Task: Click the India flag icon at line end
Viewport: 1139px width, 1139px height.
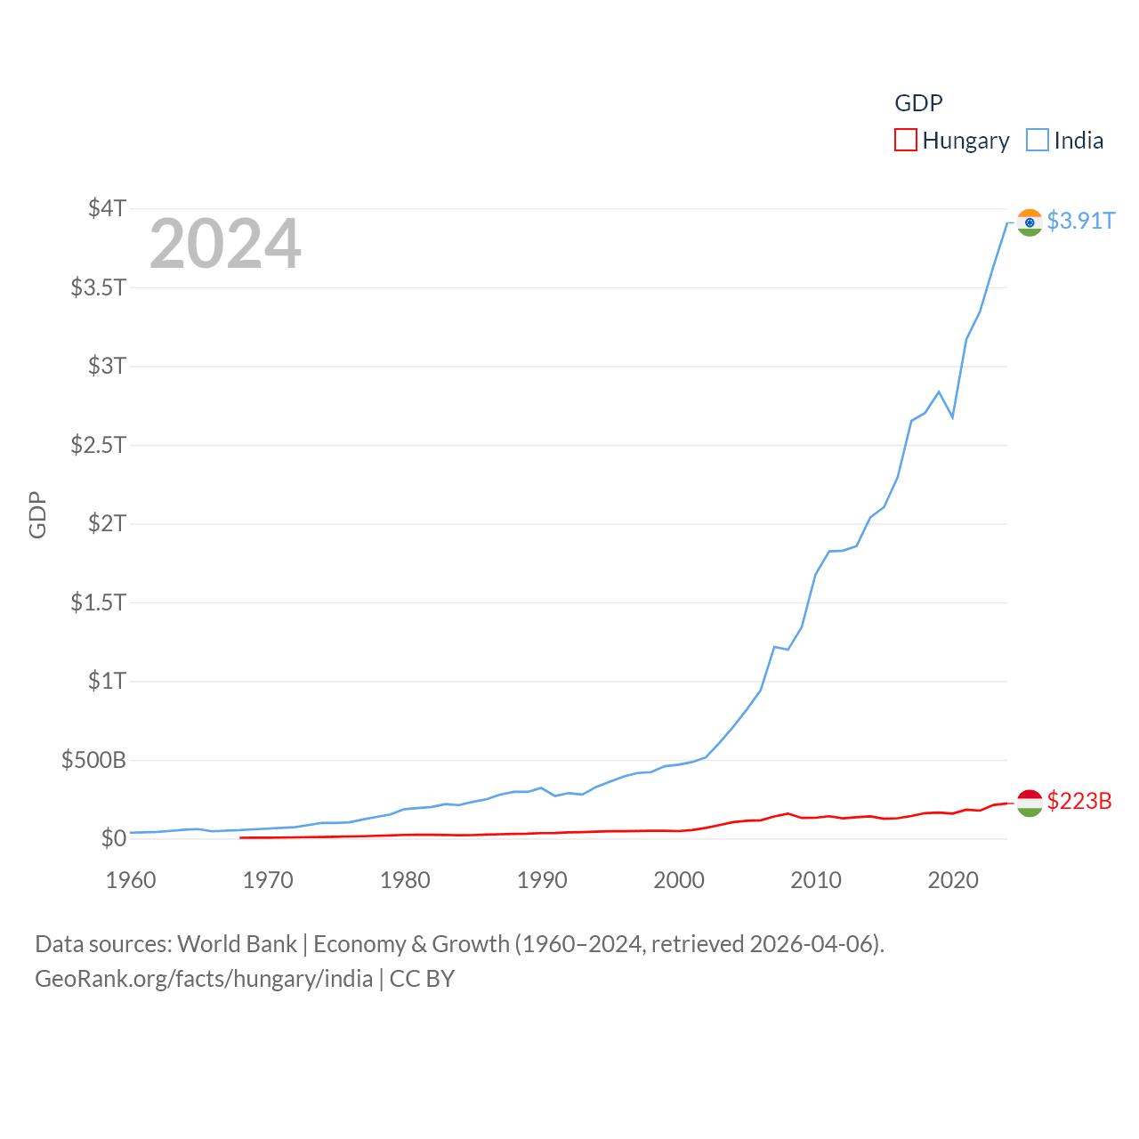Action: (1030, 222)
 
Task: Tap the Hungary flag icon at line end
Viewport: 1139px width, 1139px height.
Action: (1030, 803)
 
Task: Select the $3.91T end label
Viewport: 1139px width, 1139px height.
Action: (1080, 221)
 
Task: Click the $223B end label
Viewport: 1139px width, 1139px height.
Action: (1079, 801)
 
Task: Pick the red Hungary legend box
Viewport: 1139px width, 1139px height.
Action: (906, 141)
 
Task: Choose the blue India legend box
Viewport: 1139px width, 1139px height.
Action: (1038, 141)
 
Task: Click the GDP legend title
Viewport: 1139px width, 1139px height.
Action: (918, 103)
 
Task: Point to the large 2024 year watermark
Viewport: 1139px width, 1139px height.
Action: (225, 244)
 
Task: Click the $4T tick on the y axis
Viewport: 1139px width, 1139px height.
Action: (107, 208)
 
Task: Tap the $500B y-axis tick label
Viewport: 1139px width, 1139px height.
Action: (93, 760)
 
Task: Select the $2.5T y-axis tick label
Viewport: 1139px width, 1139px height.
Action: (98, 444)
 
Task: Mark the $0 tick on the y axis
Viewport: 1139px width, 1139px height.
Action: (113, 838)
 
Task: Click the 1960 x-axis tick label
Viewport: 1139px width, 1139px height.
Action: (131, 880)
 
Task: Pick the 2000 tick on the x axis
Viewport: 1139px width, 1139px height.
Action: (679, 880)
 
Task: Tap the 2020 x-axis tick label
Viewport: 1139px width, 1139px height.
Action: (953, 880)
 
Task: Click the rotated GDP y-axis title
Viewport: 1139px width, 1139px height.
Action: (37, 514)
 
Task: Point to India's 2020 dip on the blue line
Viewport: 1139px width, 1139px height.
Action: (952, 416)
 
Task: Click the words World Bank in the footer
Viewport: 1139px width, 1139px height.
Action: (237, 944)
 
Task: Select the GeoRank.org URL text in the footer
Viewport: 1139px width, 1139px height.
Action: (204, 979)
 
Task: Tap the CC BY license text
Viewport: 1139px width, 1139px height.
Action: (422, 979)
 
